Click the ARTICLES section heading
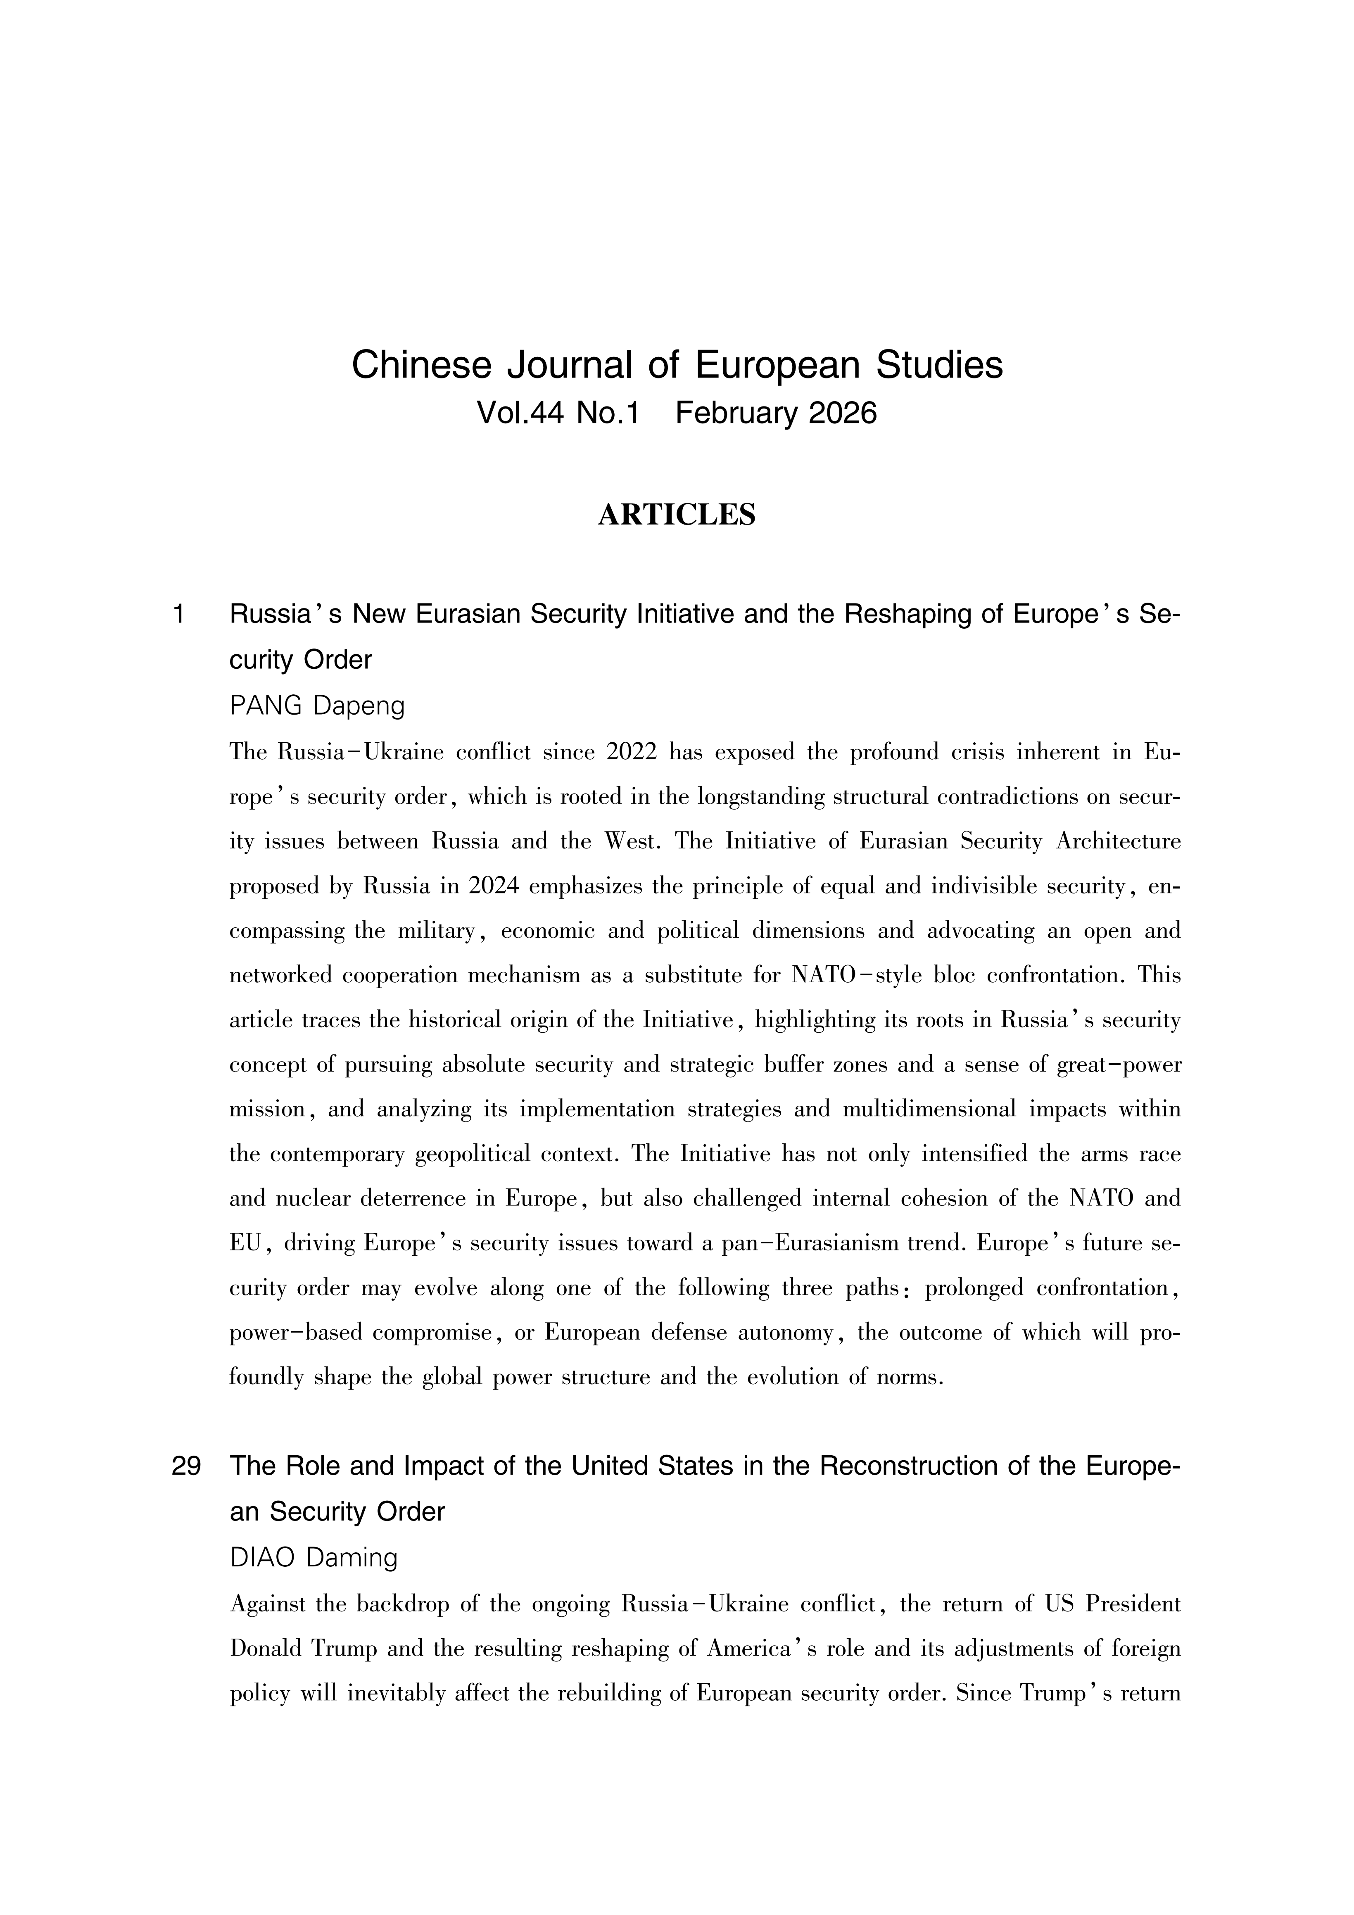pyautogui.click(x=677, y=515)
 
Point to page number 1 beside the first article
pyautogui.click(x=178, y=615)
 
